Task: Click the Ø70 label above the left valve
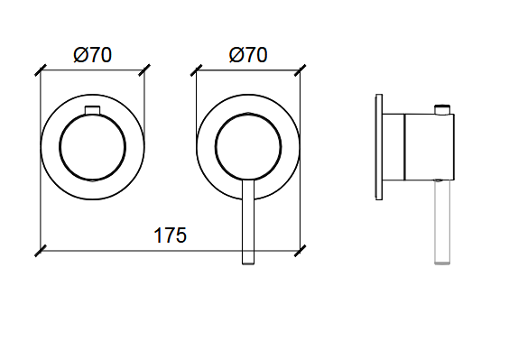coord(93,55)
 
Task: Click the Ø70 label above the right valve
coord(248,55)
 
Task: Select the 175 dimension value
coord(170,235)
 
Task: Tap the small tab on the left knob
coord(93,110)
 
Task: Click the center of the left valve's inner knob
coord(93,147)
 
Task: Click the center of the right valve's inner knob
coord(248,147)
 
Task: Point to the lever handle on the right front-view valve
coord(248,222)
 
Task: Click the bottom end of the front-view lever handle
coord(248,264)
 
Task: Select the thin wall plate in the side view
coord(379,147)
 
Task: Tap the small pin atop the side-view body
coord(442,109)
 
